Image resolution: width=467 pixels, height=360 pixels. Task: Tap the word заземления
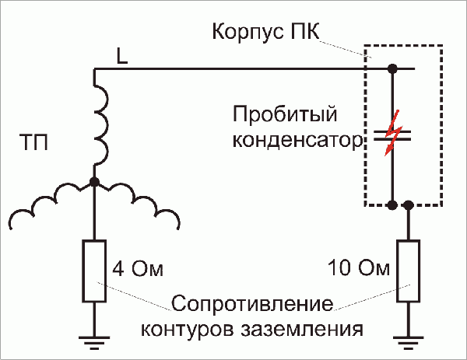coord(311,327)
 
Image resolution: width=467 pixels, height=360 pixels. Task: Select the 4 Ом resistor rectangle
coord(93,271)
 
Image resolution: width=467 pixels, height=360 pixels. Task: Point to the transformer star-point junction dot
coord(94,181)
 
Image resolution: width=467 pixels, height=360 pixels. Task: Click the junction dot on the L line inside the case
coord(393,70)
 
